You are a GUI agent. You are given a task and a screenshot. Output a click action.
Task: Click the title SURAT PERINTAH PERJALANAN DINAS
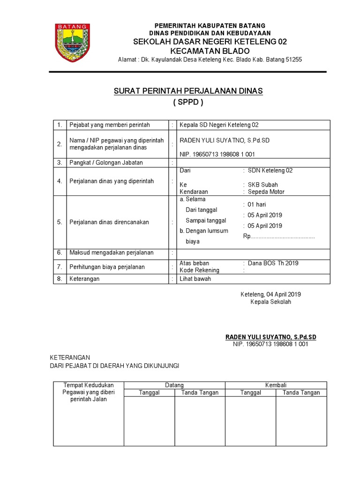[x=188, y=91]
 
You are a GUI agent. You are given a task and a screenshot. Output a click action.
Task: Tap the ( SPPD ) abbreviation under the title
[x=188, y=103]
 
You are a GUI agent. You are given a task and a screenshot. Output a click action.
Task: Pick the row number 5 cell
[x=60, y=222]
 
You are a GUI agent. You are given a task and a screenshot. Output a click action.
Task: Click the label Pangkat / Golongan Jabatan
[x=106, y=163]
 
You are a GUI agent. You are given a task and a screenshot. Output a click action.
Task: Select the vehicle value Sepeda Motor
[x=266, y=192]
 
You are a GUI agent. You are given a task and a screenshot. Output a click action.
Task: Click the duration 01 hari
[x=258, y=205]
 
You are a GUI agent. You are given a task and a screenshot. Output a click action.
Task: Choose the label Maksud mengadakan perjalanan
[x=112, y=253]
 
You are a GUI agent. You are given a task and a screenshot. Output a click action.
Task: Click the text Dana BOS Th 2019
[x=273, y=263]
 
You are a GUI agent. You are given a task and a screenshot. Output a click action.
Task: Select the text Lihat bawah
[x=195, y=278]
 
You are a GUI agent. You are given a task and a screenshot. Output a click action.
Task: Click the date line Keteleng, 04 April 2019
[x=270, y=294]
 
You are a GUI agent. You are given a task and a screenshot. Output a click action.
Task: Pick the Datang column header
[x=174, y=385]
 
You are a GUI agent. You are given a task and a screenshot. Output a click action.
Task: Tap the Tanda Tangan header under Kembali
[x=301, y=392]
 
